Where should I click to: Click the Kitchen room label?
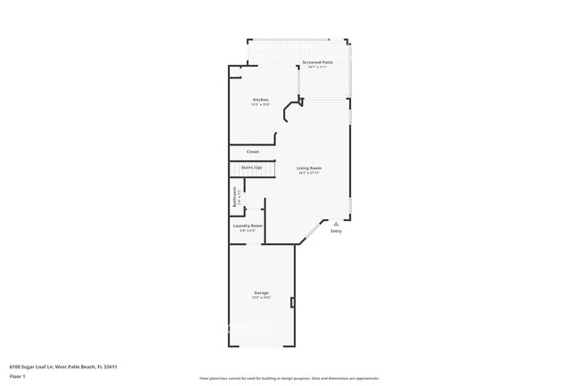[x=260, y=99]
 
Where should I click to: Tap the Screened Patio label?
[x=317, y=62]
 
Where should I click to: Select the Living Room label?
[x=309, y=168]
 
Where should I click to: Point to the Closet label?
[x=253, y=152]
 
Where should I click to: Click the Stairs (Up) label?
[x=251, y=168]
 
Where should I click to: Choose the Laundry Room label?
[x=248, y=226]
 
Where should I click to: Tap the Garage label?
[x=261, y=292]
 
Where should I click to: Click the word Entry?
[x=336, y=232]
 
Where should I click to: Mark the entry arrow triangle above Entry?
[x=336, y=224]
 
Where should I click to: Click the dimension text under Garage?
[x=261, y=298]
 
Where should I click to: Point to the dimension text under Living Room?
[x=309, y=173]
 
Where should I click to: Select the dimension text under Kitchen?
[x=260, y=104]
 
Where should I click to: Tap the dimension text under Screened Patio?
[x=317, y=67]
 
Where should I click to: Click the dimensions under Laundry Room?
[x=248, y=231]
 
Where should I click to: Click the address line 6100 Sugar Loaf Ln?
[x=64, y=365]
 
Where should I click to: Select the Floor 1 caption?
[x=18, y=376]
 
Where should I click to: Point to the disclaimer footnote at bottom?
[x=289, y=378]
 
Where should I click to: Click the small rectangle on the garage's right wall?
[x=292, y=303]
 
